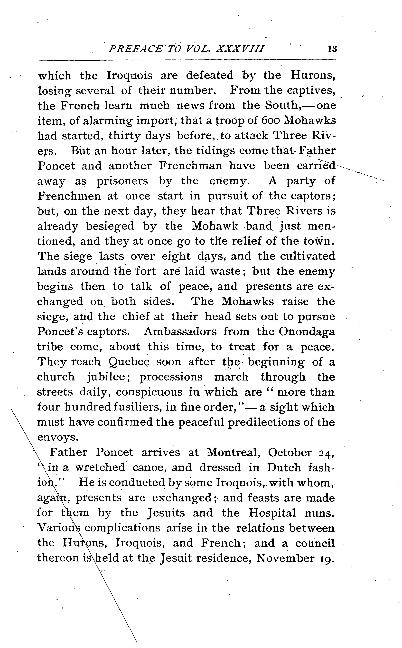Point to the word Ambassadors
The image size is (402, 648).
[x=180, y=332]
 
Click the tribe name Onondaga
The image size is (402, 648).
[x=307, y=332]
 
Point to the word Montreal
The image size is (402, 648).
[x=234, y=453]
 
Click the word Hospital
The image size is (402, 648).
[x=272, y=513]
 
